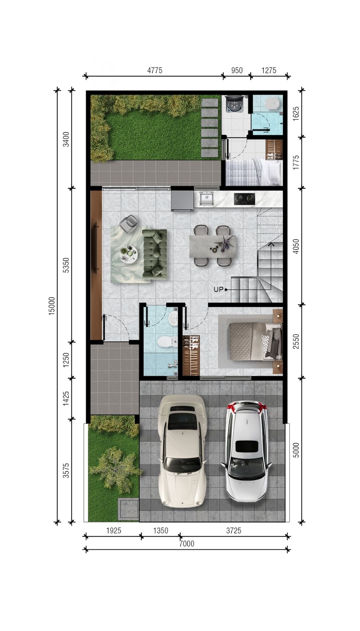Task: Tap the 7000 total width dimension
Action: coord(187,543)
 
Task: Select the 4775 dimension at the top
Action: coord(155,70)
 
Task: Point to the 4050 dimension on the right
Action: coord(296,246)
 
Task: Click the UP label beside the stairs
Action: coord(218,289)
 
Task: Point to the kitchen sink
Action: coord(207,198)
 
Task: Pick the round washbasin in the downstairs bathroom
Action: coord(173,319)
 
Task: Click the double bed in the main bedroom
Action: coord(255,341)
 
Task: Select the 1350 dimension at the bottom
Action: coord(160,530)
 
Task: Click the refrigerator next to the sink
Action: coord(182,200)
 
